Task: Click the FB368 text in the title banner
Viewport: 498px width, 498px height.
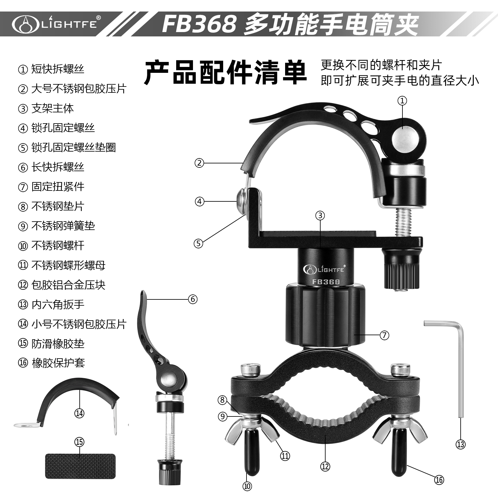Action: [199, 24]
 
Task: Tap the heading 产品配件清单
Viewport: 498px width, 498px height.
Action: [226, 73]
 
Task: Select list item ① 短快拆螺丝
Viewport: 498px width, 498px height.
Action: [51, 69]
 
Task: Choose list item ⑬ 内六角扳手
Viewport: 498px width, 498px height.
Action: [51, 304]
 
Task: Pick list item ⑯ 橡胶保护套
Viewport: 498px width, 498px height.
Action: [51, 363]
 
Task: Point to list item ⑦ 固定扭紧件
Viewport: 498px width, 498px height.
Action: [51, 187]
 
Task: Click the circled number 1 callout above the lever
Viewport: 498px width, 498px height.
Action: [402, 101]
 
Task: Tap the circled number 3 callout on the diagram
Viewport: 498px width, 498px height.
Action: [320, 215]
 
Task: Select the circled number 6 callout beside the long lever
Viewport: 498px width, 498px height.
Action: [193, 299]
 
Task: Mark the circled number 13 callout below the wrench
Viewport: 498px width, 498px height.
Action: [461, 444]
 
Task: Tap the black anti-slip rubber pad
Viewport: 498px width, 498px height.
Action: [80, 466]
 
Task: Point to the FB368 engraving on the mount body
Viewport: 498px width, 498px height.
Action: [326, 282]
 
